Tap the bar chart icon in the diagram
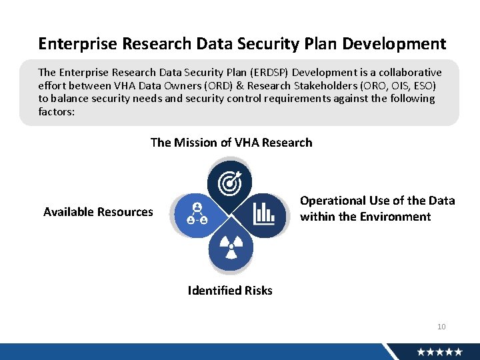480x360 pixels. click(x=264, y=213)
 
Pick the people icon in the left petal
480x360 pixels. click(x=196, y=213)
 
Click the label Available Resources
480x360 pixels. click(x=98, y=212)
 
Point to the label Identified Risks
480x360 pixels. click(x=230, y=291)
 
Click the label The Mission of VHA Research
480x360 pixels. click(x=231, y=143)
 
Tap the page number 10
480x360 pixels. click(x=441, y=327)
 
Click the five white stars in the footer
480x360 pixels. click(x=440, y=352)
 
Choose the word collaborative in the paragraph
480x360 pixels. click(x=409, y=72)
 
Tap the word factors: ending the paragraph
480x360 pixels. click(x=57, y=111)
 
